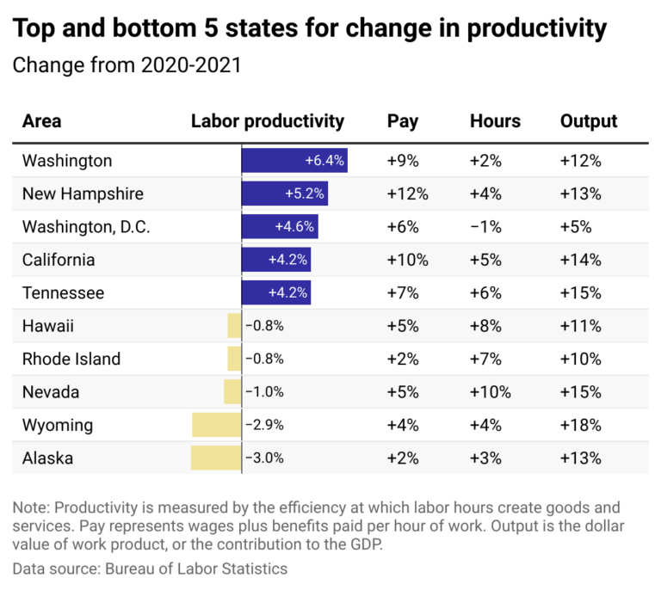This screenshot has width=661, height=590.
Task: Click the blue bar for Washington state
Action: pos(294,161)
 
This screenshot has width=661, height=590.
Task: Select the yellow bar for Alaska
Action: pos(216,458)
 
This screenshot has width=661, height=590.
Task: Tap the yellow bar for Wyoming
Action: pos(216,425)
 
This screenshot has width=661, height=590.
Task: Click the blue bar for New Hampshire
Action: pos(285,194)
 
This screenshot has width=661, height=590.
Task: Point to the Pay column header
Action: pos(403,121)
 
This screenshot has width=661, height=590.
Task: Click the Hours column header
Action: pos(495,121)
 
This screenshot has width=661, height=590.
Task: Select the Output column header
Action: pos(589,121)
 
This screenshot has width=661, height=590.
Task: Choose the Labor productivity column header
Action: pos(267,121)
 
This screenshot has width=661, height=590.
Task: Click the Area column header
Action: pos(41,121)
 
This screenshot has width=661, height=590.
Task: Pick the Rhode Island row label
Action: pos(71,359)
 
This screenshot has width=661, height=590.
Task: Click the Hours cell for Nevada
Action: pos(491,392)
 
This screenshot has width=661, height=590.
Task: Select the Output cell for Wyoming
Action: pos(581,425)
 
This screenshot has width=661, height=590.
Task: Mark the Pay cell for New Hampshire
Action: pos(408,194)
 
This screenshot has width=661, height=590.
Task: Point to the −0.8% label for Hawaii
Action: pos(264,326)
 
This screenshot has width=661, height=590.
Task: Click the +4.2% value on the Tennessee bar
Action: pos(287,293)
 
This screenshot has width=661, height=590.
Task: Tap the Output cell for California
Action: pos(581,260)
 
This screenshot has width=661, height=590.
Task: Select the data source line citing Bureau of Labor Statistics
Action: pos(150,568)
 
